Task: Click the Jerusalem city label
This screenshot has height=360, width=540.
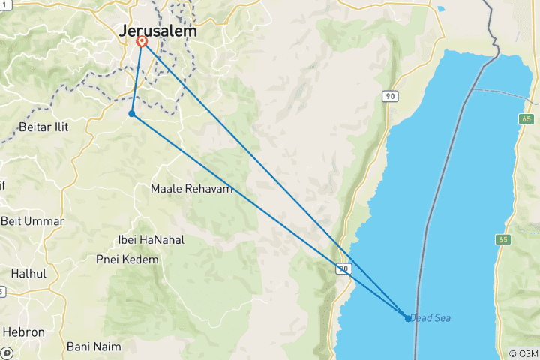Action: pos(158,32)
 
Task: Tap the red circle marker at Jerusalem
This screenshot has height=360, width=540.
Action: pos(142,42)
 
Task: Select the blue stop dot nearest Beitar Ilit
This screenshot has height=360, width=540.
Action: pos(131,114)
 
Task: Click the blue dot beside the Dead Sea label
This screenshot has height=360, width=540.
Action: pos(408,318)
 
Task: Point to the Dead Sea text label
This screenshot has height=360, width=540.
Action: pos(430,318)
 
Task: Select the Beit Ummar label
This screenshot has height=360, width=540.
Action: pos(32,221)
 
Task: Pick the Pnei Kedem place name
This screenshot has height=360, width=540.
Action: pos(127,259)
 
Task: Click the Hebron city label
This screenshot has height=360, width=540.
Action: pos(24,331)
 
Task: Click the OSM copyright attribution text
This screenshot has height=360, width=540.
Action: pos(523,353)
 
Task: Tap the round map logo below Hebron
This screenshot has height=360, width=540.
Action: pos(7,351)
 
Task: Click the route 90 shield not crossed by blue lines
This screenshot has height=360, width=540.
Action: pos(388,96)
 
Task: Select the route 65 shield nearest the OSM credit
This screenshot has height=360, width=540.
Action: pos(502,239)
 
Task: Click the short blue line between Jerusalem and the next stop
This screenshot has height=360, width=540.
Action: pos(136,78)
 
